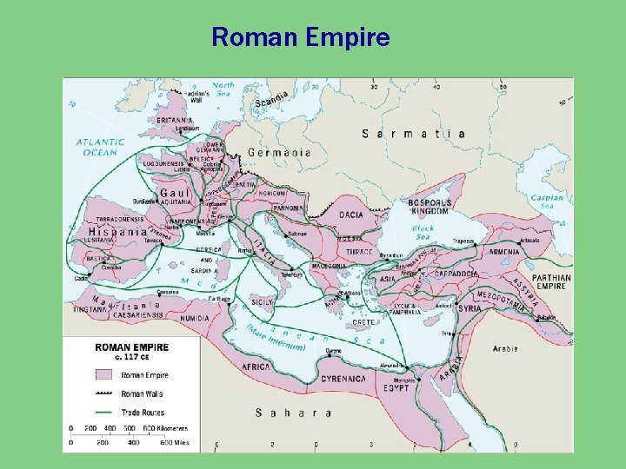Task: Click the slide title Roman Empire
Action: [301, 38]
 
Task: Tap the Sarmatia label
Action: [413, 134]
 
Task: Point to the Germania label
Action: [279, 152]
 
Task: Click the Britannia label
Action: [176, 120]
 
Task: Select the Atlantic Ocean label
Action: [99, 147]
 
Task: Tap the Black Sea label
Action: [423, 233]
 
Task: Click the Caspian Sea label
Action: [548, 201]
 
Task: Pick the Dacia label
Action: [351, 215]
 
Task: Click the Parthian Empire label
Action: [551, 281]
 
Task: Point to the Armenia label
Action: [503, 252]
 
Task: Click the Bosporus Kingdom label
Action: [428, 207]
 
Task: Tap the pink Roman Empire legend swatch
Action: [106, 375]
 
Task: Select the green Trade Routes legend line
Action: [106, 412]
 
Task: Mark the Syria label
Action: [469, 308]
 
